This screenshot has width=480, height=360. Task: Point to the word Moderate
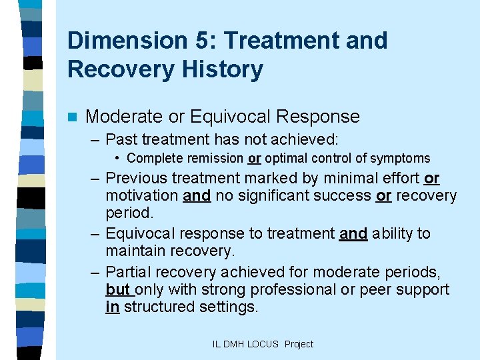124,117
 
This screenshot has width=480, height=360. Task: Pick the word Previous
136,179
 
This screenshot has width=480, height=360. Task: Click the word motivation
141,196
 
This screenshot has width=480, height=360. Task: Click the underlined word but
117,290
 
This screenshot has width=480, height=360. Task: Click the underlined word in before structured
112,307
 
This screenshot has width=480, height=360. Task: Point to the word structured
158,307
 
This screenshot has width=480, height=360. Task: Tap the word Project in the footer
298,344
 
